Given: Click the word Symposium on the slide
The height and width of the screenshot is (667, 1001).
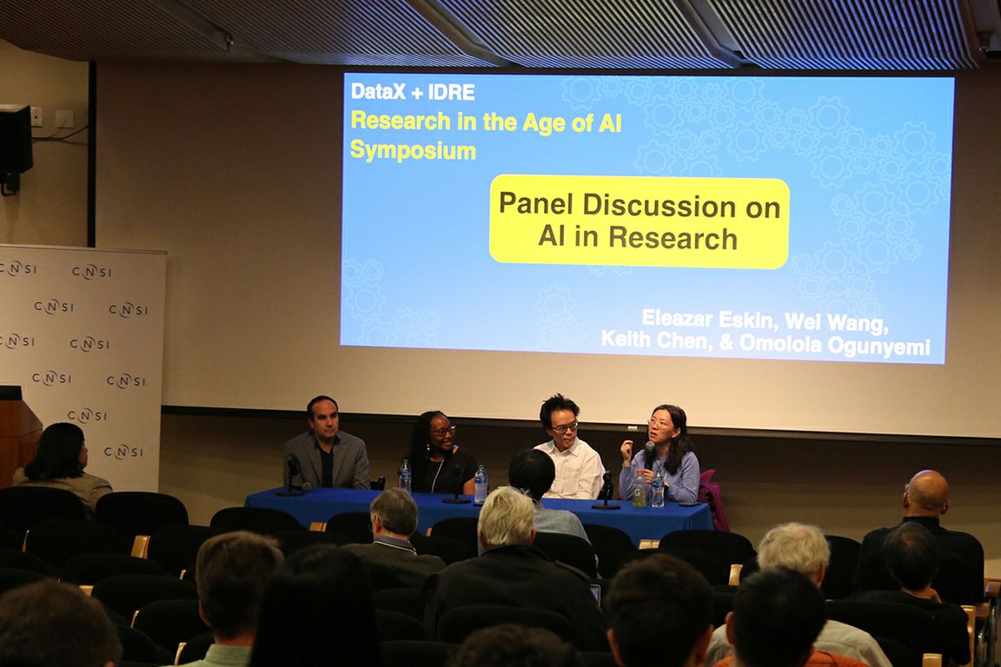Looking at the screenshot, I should pos(413,150).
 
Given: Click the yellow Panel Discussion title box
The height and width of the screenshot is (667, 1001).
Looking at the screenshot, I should pos(639,221).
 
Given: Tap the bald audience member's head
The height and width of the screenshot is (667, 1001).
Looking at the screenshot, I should pos(926,491).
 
